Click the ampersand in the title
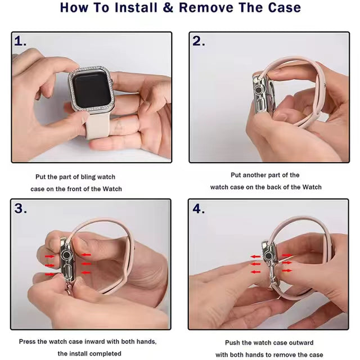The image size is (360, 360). click(x=169, y=7)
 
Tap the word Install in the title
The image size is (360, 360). click(x=136, y=7)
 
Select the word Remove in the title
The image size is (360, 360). click(x=206, y=7)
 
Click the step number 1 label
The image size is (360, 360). click(x=20, y=41)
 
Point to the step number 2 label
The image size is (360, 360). click(x=199, y=41)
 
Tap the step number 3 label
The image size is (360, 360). click(x=20, y=209)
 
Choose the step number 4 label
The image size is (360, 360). click(x=199, y=209)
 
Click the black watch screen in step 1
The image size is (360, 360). click(x=92, y=89)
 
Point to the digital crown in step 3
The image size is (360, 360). click(x=66, y=255)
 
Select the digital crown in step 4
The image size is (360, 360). click(x=268, y=255)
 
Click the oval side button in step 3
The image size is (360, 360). click(x=67, y=272)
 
